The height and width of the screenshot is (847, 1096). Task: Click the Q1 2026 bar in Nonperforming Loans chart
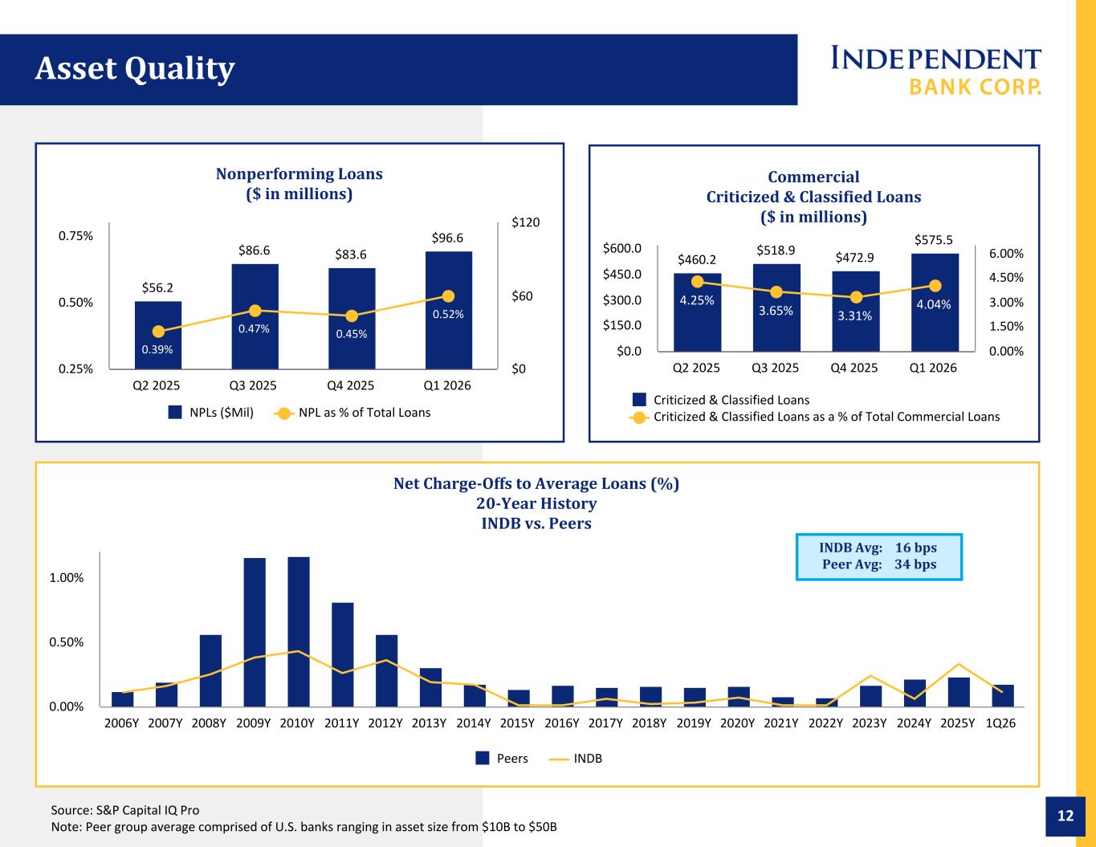click(448, 310)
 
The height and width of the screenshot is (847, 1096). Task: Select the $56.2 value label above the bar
click(157, 288)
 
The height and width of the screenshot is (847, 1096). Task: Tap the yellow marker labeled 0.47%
click(255, 311)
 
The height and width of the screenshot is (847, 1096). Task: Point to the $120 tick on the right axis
click(526, 222)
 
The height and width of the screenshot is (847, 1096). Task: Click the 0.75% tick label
click(75, 236)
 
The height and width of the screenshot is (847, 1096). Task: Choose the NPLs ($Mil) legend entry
click(211, 413)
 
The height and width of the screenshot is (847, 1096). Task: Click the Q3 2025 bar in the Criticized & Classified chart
click(776, 307)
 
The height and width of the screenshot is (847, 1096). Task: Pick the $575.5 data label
click(934, 240)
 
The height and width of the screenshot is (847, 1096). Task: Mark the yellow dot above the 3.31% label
click(856, 297)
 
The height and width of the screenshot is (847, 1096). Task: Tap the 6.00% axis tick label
click(1006, 254)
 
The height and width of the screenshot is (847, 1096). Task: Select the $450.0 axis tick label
click(622, 275)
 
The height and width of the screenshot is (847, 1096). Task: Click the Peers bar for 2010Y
click(299, 632)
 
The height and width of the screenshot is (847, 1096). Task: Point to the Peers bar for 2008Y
click(210, 670)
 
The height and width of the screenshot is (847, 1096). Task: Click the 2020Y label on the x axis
click(737, 723)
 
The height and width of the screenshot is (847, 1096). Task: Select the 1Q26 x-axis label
click(1000, 723)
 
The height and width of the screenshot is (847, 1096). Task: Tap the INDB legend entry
click(576, 758)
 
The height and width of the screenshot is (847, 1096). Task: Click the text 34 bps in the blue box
click(915, 564)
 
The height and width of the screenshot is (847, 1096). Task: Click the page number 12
click(1065, 816)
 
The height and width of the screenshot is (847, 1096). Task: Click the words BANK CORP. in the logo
click(975, 87)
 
